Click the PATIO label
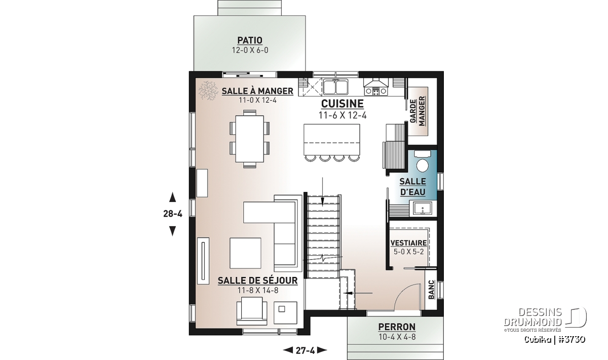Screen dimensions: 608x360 click(x=250, y=41)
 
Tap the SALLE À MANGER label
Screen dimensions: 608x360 click(x=257, y=91)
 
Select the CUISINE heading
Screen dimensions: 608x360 click(x=343, y=104)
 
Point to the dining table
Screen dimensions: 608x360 click(x=250, y=139)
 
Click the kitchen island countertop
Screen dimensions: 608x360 click(x=332, y=139)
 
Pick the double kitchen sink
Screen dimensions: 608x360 click(x=335, y=87)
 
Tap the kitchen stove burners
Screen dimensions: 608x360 click(x=376, y=92)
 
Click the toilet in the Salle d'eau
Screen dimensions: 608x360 click(x=423, y=162)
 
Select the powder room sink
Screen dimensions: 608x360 click(x=423, y=208)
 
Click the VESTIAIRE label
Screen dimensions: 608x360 click(x=408, y=243)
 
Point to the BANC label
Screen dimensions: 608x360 click(x=431, y=290)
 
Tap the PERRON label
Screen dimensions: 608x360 click(x=397, y=327)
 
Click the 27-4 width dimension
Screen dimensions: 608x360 click(x=305, y=351)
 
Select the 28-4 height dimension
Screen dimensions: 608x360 click(x=173, y=214)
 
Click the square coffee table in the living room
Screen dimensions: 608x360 click(x=245, y=253)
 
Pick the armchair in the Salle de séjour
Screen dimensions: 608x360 click(x=252, y=311)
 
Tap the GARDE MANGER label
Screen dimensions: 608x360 click(x=417, y=111)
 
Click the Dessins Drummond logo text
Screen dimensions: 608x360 click(x=533, y=317)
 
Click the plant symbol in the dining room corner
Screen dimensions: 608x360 click(x=208, y=90)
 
